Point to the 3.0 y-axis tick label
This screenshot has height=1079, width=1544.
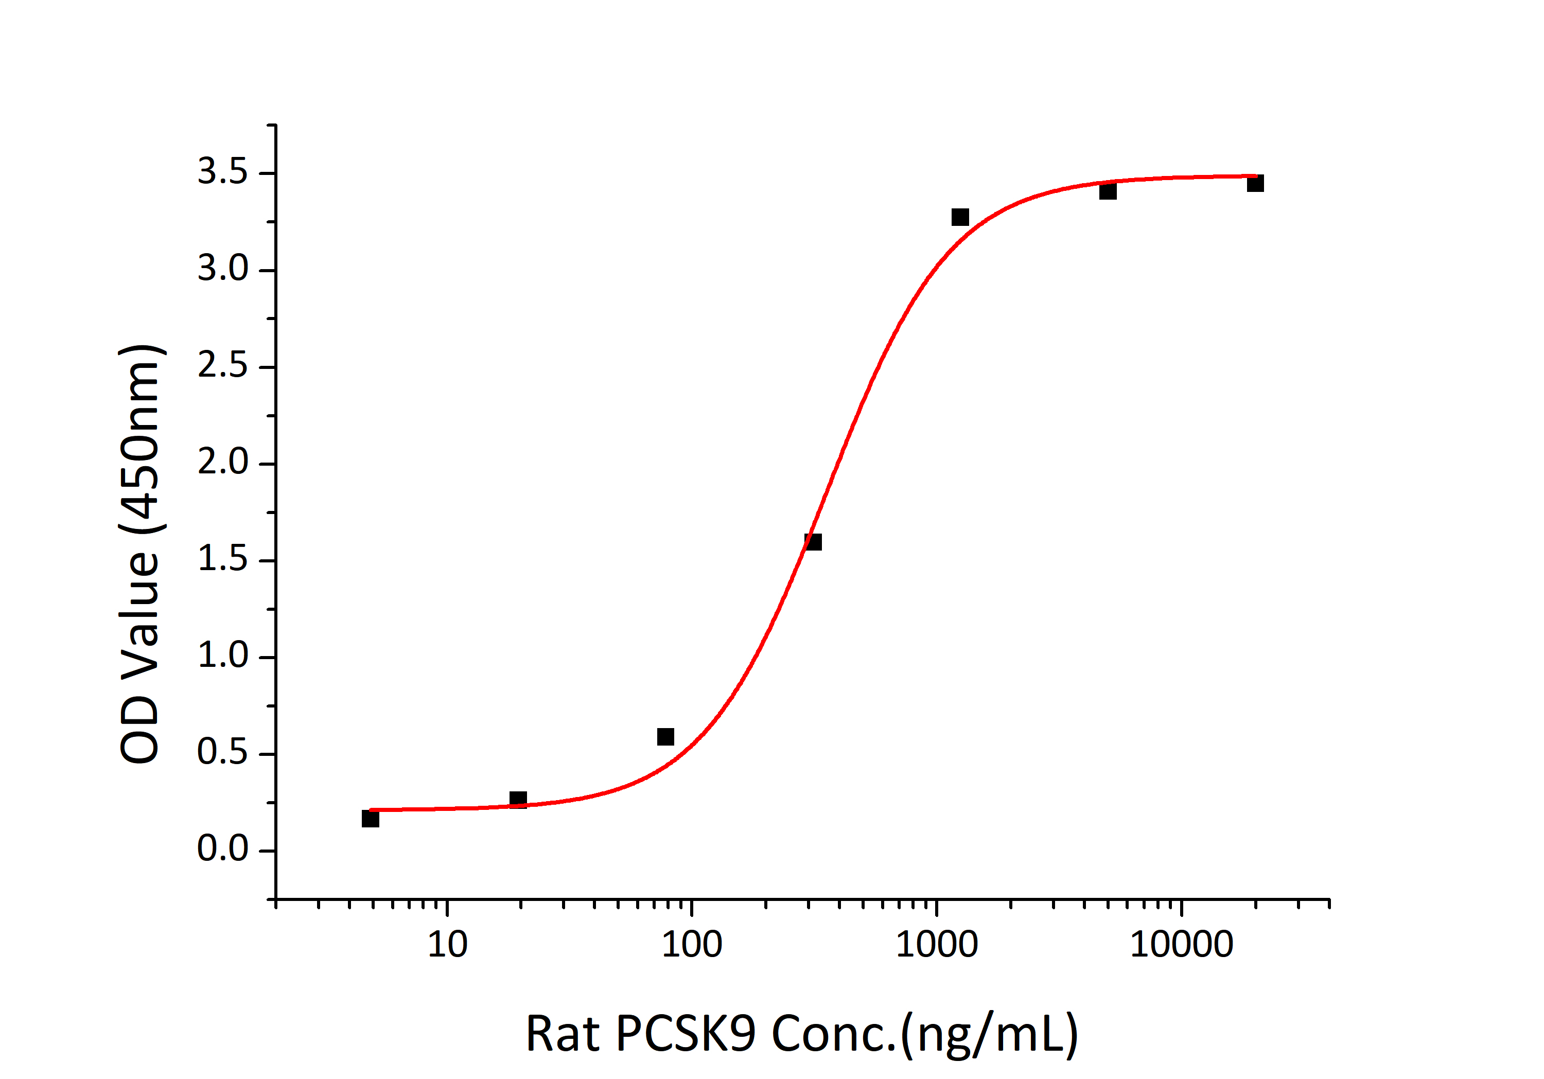click(222, 269)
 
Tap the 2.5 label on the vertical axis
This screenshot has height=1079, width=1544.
click(222, 366)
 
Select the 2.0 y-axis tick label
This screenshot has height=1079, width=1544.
click(222, 463)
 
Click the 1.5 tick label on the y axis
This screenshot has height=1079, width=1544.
click(222, 559)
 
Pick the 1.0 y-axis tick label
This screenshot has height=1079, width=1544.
click(222, 656)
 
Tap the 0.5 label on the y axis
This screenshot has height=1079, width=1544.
click(222, 753)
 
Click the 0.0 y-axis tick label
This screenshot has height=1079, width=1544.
click(222, 850)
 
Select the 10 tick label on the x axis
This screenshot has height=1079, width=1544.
click(447, 945)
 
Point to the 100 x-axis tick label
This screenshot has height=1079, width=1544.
click(692, 945)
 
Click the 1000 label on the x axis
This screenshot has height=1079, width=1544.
click(937, 945)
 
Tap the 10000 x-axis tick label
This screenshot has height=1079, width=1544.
click(1182, 945)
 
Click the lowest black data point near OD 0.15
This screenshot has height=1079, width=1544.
click(371, 819)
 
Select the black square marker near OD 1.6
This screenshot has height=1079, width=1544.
click(813, 542)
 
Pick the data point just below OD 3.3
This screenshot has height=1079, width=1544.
click(960, 217)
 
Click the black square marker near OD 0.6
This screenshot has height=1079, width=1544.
click(666, 737)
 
